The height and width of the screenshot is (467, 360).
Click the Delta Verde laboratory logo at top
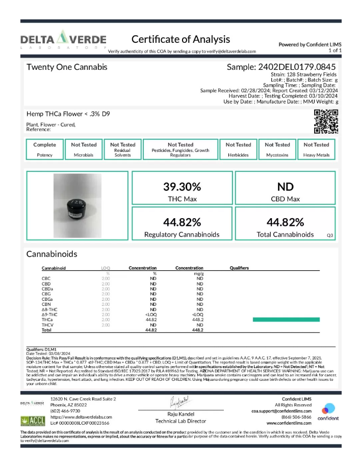tap(63, 40)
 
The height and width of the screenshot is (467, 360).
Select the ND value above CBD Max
tap(285, 187)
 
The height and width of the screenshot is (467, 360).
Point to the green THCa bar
tap(286, 320)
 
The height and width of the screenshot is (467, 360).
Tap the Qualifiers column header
tap(239, 268)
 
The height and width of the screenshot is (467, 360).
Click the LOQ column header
tap(106, 268)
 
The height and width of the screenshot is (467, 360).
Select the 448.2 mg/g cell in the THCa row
tap(199, 320)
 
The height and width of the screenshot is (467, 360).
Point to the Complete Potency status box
tap(45, 149)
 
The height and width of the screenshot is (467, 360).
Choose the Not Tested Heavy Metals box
tap(316, 149)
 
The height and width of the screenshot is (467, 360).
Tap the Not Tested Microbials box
tap(84, 149)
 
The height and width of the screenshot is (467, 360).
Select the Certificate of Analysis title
tap(181, 39)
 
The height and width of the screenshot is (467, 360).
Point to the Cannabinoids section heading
tap(52, 254)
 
